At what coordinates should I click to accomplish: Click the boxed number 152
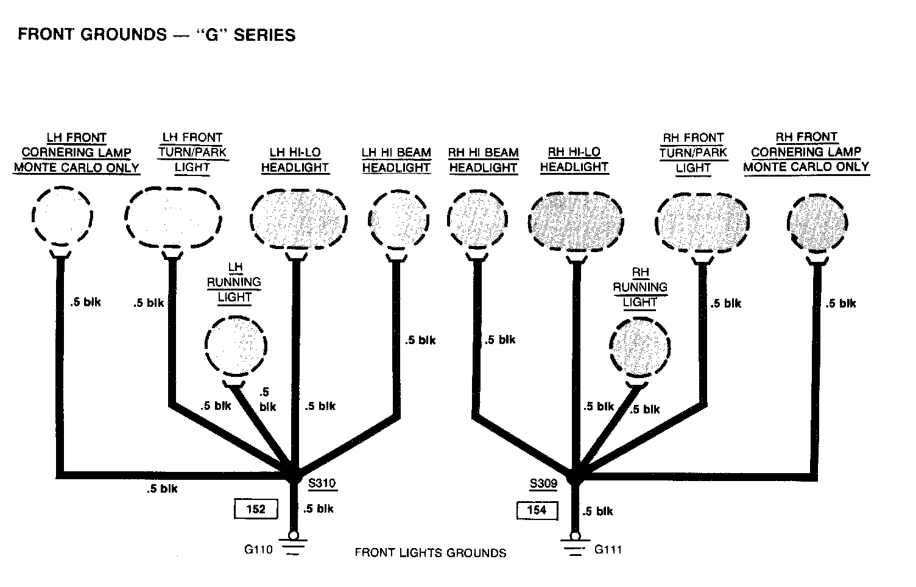click(256, 509)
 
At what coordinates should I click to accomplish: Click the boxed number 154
click(537, 510)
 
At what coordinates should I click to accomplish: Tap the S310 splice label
click(322, 484)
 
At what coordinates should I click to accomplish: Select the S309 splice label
click(543, 484)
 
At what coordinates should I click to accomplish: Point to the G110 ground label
click(258, 549)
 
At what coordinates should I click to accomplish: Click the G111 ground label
click(608, 549)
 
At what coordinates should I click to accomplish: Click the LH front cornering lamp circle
click(62, 216)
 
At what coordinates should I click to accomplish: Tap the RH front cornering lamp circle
click(817, 221)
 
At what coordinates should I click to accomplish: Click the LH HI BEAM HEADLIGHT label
click(396, 160)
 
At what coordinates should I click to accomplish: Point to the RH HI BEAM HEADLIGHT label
click(484, 160)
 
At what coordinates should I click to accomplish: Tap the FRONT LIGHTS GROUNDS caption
click(430, 553)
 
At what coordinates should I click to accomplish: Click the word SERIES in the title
click(265, 35)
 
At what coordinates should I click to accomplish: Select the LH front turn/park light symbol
click(173, 217)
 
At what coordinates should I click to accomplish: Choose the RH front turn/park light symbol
click(703, 222)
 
